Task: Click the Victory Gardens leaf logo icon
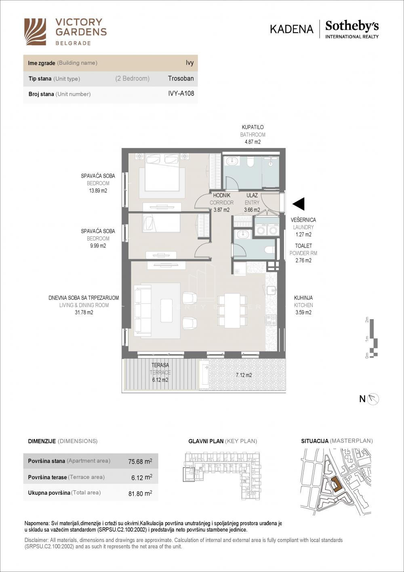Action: [35, 32]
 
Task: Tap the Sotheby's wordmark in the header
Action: [352, 26]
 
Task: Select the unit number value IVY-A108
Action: [181, 93]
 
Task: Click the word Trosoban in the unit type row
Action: [181, 78]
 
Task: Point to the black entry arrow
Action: [299, 204]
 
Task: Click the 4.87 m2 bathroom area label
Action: [253, 142]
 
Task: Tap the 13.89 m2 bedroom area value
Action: [98, 191]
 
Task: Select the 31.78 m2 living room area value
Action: [84, 312]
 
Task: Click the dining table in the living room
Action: [232, 311]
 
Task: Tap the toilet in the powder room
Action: [269, 250]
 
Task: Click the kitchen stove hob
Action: [271, 320]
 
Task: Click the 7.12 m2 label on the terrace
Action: [244, 375]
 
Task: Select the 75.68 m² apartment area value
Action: [140, 461]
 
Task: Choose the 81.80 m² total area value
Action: [140, 494]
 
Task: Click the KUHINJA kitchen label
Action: [303, 298]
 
